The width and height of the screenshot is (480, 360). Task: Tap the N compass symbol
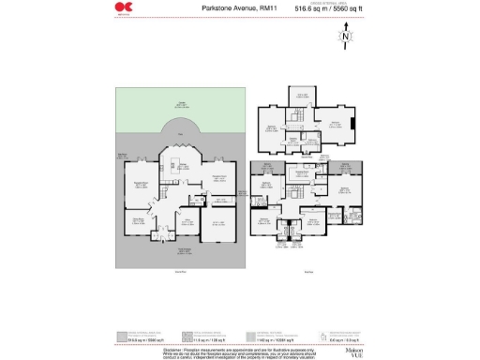tap(346, 38)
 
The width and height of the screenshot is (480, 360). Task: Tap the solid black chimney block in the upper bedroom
tap(353, 122)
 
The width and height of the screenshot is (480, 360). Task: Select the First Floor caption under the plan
tap(308, 272)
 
